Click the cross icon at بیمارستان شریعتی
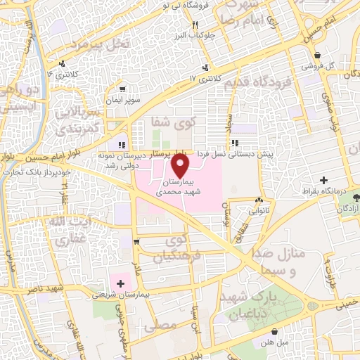[121, 283]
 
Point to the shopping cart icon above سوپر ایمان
[122, 89]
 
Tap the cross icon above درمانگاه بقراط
[323, 180]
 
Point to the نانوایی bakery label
[257, 208]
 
